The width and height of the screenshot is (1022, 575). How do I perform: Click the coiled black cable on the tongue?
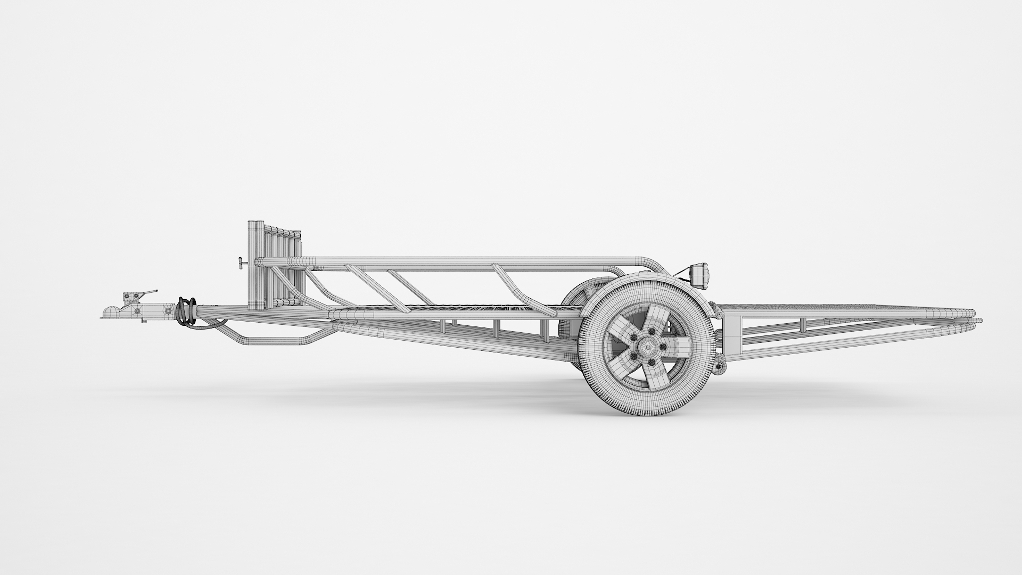point(187,311)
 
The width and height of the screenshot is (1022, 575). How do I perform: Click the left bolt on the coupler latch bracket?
point(128,297)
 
